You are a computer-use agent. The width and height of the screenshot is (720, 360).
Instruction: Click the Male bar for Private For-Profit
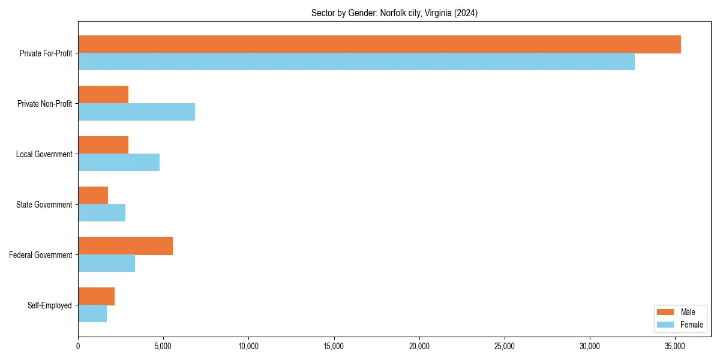(x=379, y=44)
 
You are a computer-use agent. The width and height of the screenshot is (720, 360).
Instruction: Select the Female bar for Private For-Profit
(x=356, y=62)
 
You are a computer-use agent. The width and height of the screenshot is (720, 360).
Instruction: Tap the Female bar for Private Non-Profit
(x=136, y=112)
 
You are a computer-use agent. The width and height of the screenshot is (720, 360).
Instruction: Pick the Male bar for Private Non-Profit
(x=103, y=95)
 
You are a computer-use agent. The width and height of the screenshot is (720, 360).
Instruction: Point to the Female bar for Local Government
(x=119, y=163)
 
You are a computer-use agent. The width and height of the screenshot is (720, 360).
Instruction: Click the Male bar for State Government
(x=93, y=196)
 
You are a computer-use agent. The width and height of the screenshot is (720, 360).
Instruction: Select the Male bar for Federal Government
(x=125, y=246)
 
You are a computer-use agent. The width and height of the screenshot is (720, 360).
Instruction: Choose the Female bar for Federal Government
(x=106, y=263)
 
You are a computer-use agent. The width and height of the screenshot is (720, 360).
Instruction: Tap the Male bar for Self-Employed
(x=96, y=296)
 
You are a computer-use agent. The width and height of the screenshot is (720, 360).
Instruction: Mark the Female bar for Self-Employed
(x=92, y=314)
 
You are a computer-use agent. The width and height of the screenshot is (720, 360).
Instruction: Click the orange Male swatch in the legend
(x=666, y=312)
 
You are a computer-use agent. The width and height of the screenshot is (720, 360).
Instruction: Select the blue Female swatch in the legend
(x=666, y=325)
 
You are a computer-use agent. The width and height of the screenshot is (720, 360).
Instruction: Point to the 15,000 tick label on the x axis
(x=334, y=346)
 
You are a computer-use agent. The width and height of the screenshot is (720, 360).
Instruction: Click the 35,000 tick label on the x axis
(x=675, y=346)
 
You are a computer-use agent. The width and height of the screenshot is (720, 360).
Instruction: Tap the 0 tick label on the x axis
(x=78, y=346)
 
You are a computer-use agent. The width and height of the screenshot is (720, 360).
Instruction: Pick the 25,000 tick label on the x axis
(x=505, y=346)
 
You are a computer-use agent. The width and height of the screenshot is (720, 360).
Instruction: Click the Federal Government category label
(x=41, y=255)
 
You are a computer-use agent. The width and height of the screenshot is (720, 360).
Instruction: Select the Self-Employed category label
(x=50, y=305)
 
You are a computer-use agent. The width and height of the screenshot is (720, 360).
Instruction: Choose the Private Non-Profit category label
(x=44, y=104)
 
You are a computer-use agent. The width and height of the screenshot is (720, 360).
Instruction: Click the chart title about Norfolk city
(x=394, y=13)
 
